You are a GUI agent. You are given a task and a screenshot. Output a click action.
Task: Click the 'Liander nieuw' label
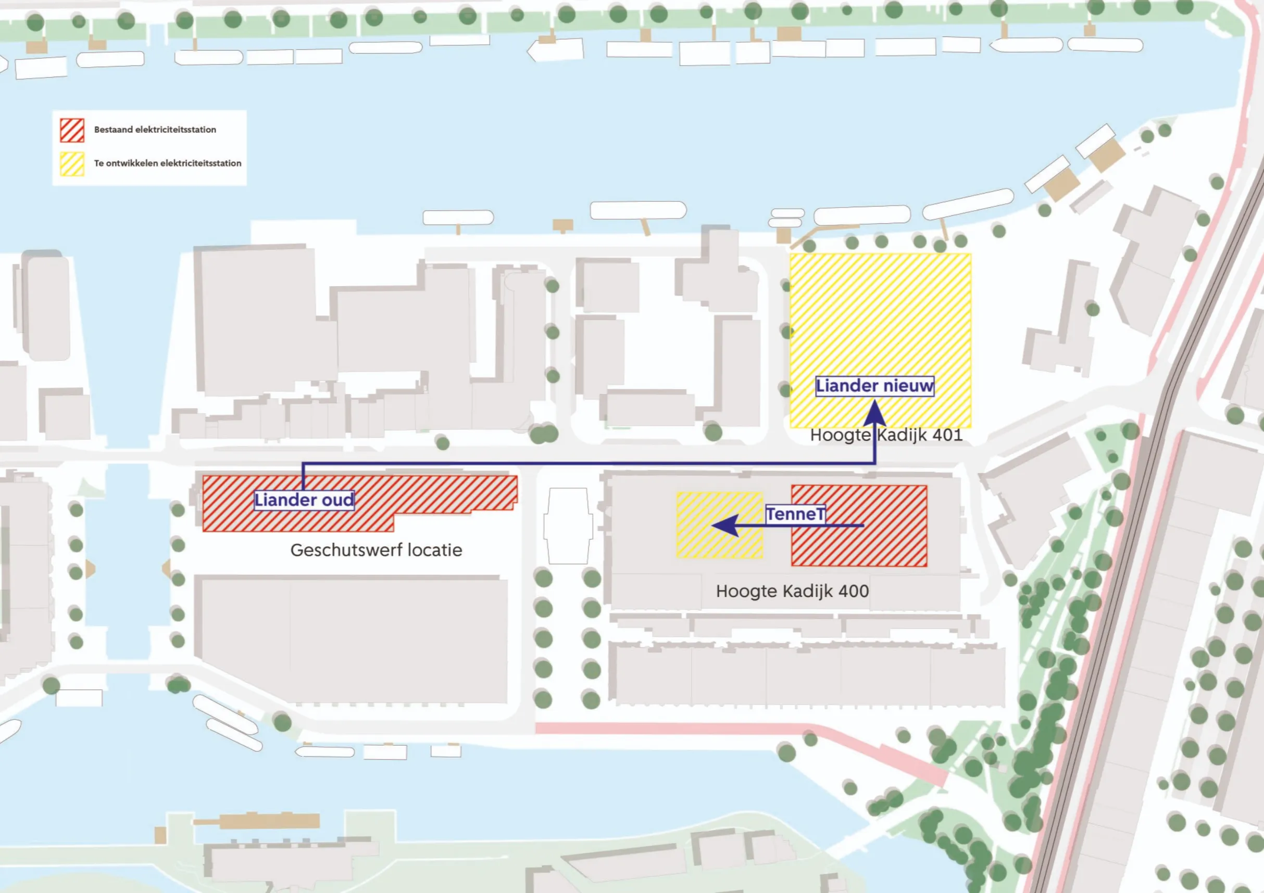[x=874, y=386]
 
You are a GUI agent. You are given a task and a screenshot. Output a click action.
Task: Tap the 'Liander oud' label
[x=304, y=500]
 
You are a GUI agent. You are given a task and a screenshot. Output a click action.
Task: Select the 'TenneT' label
[x=795, y=515]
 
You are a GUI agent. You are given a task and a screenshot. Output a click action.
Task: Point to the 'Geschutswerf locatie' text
[x=376, y=550]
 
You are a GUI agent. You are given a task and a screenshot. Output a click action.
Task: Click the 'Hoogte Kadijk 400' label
[x=792, y=592]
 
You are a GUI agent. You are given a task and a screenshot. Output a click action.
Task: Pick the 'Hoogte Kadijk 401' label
[x=886, y=435]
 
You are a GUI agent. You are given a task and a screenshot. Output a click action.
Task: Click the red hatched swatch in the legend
[x=72, y=131]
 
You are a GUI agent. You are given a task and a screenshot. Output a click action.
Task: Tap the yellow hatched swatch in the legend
[x=72, y=164]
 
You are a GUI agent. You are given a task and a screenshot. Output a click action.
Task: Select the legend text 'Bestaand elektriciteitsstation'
[x=155, y=130]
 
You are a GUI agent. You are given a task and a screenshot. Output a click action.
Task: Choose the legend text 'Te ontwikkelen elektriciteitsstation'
[x=167, y=163]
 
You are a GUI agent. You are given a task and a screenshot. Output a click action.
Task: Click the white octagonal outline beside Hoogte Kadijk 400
[x=568, y=526]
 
